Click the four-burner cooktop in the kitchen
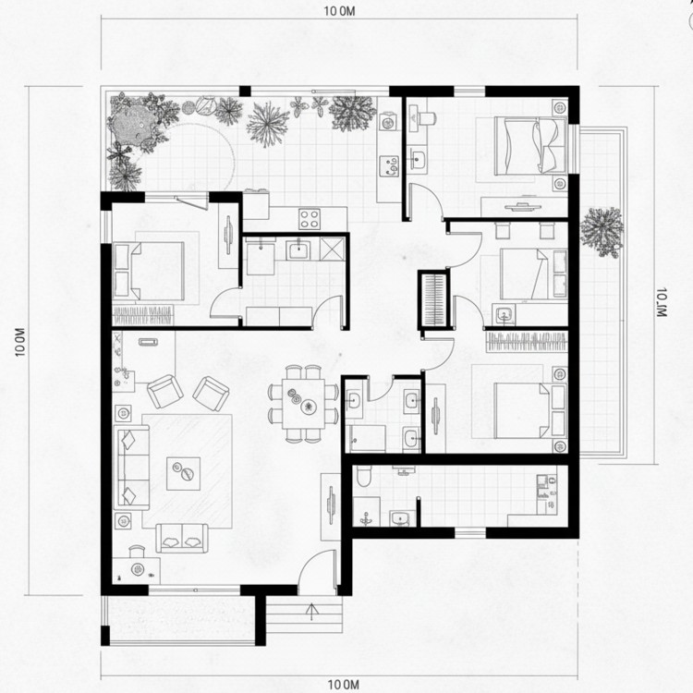[309, 219]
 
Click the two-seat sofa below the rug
[181, 536]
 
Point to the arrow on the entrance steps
[311, 611]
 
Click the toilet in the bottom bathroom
[365, 478]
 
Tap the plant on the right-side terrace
[602, 227]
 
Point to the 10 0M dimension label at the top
[339, 12]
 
